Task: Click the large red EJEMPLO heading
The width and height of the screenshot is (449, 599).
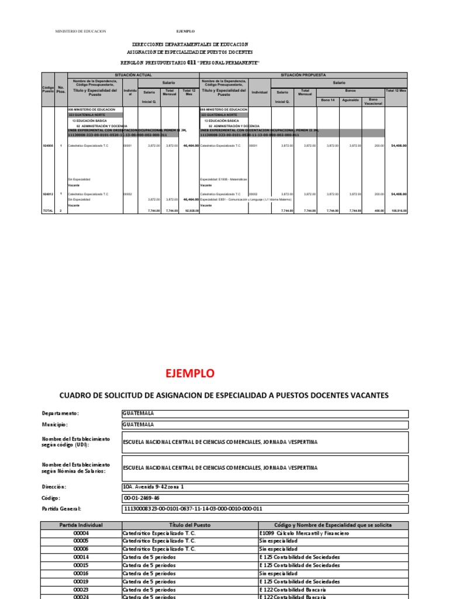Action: (x=190, y=373)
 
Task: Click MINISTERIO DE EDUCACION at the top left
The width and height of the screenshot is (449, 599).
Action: (x=81, y=31)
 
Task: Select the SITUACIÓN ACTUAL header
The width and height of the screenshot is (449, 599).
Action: (x=133, y=75)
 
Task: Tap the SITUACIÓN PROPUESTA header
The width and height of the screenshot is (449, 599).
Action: (x=303, y=75)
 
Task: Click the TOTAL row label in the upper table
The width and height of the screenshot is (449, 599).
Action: (x=47, y=211)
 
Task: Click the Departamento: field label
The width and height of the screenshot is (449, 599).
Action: (x=60, y=413)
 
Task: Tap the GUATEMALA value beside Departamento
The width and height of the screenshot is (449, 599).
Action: (x=138, y=413)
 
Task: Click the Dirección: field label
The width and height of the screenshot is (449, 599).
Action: (x=54, y=487)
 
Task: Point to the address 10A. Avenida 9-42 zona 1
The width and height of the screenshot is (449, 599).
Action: (x=153, y=487)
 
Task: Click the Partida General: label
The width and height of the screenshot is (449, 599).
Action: (x=61, y=509)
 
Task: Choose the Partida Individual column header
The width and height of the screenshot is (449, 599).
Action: (x=81, y=525)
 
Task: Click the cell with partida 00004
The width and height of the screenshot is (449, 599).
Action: (x=81, y=533)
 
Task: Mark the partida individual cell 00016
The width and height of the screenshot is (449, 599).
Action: (x=81, y=574)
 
